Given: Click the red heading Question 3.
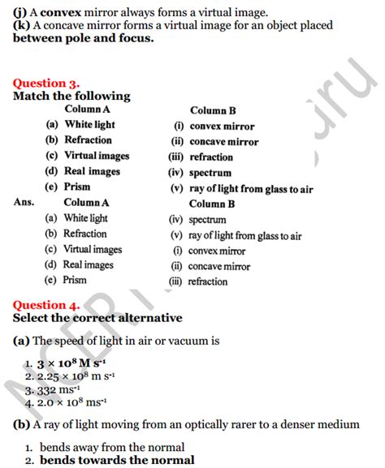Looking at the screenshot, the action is tap(46, 83).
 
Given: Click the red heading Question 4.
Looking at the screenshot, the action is tap(46, 305).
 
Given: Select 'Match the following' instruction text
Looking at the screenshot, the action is tap(71, 96).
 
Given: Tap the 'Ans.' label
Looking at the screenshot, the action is tap(24, 202).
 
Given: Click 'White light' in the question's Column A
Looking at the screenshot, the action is tap(90, 125).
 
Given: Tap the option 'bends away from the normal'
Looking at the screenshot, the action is tap(111, 447).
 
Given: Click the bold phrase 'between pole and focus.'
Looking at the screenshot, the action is tap(84, 38).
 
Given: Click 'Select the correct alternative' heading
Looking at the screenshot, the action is tap(97, 318).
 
